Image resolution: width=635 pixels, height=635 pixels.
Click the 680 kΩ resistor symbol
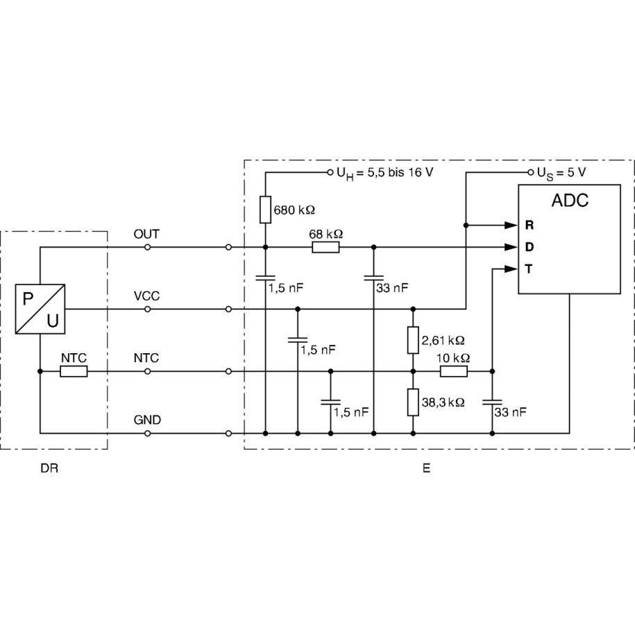click(x=266, y=210)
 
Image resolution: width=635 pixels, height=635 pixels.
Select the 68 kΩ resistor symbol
click(x=325, y=247)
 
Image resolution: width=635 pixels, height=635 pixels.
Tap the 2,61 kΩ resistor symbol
click(x=413, y=340)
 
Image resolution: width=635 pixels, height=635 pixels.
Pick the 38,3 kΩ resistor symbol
click(x=413, y=402)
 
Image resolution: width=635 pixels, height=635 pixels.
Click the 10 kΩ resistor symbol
click(x=454, y=372)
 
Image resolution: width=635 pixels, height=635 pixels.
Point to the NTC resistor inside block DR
click(x=74, y=372)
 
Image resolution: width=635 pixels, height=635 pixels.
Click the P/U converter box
click(x=41, y=310)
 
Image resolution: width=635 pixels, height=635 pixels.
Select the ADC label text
click(x=569, y=201)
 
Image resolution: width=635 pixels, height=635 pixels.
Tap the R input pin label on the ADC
click(x=529, y=226)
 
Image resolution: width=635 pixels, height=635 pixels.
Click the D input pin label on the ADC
click(x=529, y=247)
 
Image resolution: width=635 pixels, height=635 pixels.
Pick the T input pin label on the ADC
click(x=529, y=269)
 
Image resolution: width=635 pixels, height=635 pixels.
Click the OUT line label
click(x=146, y=235)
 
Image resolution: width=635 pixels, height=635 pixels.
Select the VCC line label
click(x=146, y=296)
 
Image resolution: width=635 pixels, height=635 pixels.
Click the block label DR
click(x=49, y=468)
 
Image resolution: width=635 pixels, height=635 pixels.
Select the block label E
click(x=426, y=468)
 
